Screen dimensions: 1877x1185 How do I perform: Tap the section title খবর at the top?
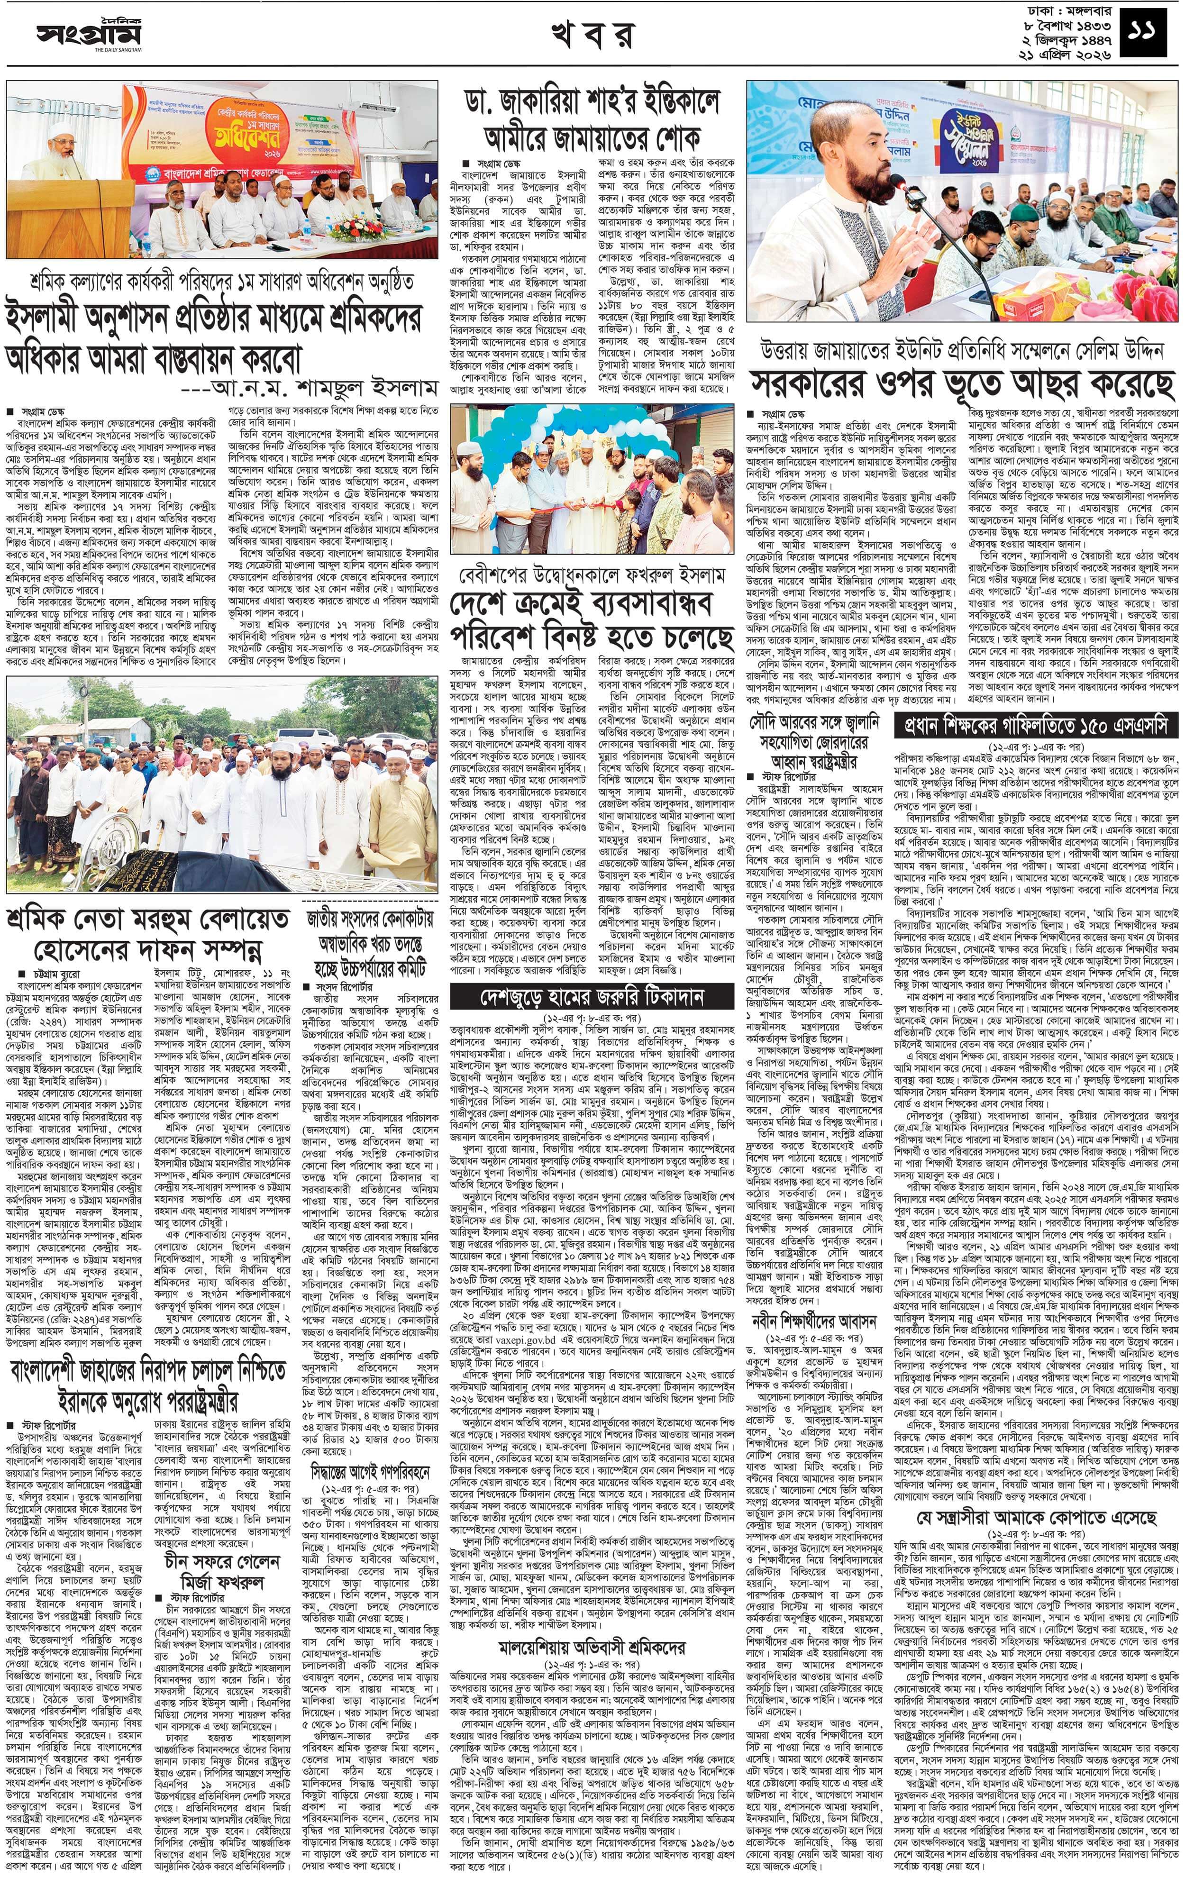click(x=592, y=35)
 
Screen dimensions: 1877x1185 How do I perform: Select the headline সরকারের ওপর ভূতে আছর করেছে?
click(x=962, y=383)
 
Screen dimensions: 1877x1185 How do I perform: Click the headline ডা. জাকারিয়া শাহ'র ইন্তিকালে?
click(x=590, y=102)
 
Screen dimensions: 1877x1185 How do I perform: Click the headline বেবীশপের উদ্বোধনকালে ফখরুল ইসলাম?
click(x=592, y=576)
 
